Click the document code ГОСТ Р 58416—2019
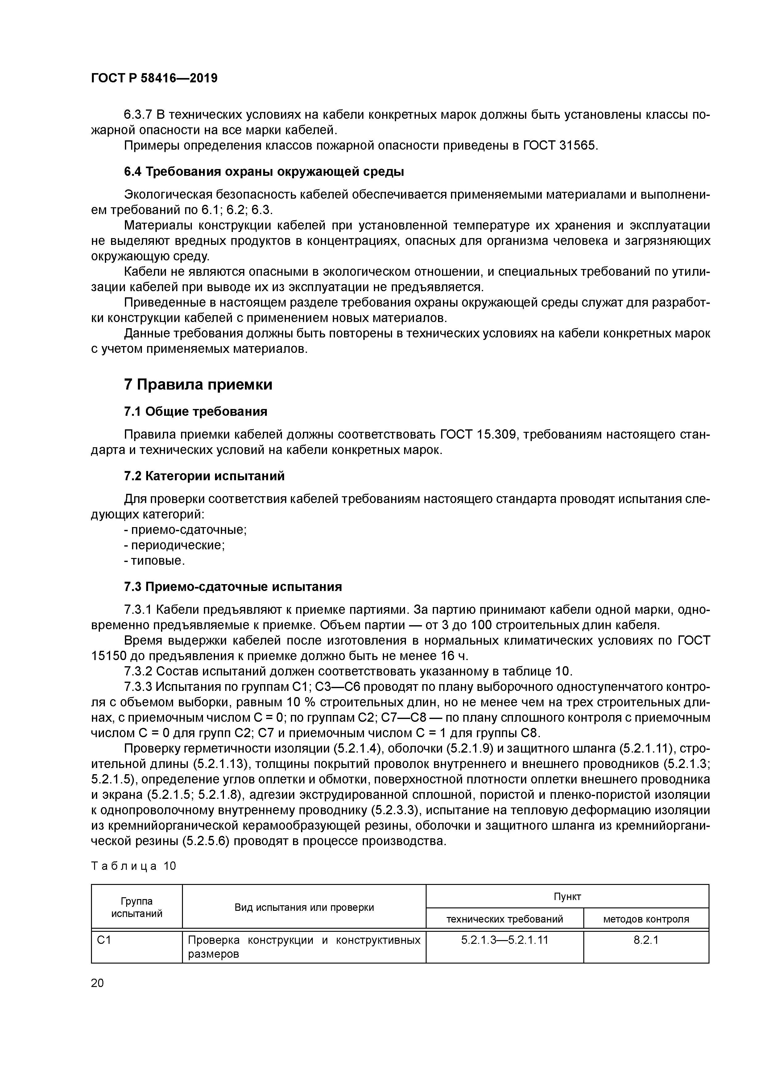pyautogui.click(x=154, y=78)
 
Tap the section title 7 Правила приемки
pyautogui.click(x=198, y=385)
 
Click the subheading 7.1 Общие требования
pyautogui.click(x=196, y=411)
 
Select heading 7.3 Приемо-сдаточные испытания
pyautogui.click(x=233, y=587)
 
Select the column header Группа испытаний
pyautogui.click(x=137, y=907)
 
